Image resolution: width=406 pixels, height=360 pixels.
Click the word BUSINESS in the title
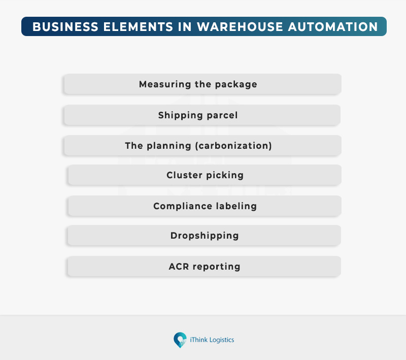65,27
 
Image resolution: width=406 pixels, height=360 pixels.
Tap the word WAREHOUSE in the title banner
240,27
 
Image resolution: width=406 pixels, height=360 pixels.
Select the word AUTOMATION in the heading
333,27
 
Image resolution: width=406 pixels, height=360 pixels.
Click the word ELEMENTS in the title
138,27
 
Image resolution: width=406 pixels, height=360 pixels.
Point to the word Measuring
165,84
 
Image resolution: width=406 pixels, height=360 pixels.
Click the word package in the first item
236,84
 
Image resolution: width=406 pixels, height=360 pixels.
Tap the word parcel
222,115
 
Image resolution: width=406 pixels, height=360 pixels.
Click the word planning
169,146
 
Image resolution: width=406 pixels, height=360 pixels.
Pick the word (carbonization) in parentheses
233,146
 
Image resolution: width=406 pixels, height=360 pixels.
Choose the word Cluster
184,175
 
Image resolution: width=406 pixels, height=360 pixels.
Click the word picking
225,175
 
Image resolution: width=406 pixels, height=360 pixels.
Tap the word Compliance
183,206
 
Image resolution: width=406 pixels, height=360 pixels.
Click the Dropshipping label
205,236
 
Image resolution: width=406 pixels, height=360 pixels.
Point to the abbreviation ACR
179,267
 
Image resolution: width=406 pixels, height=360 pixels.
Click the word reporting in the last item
217,267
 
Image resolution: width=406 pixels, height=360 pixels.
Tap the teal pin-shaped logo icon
180,340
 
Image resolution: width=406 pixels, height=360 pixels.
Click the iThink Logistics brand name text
212,340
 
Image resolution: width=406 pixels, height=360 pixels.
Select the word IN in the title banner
185,27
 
